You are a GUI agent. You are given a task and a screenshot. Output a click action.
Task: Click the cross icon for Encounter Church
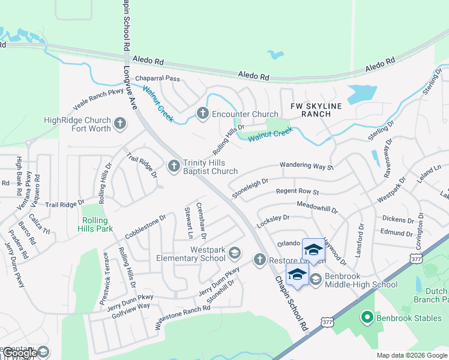point(203,113)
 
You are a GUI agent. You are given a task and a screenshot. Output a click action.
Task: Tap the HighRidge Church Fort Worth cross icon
point(121,124)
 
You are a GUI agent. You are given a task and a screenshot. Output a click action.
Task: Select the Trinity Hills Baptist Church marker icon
point(174,166)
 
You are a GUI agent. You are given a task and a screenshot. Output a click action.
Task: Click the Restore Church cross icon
point(259,260)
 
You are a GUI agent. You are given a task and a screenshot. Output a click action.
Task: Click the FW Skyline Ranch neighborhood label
point(312,110)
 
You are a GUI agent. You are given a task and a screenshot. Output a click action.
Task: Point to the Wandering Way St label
point(306,166)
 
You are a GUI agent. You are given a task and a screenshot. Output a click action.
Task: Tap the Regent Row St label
point(297,192)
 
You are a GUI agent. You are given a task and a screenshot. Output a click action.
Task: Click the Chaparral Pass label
point(157,79)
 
